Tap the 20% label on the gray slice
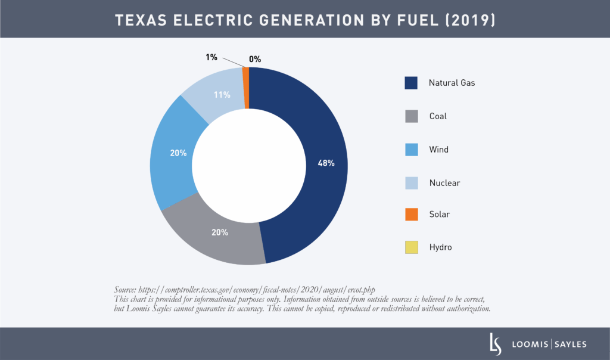click(220, 232)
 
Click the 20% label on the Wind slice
click(178, 153)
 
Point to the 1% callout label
click(211, 57)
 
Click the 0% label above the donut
click(255, 59)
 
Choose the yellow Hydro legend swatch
click(411, 247)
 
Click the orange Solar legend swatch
click(411, 214)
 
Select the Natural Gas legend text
click(452, 83)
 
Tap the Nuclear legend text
click(444, 182)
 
